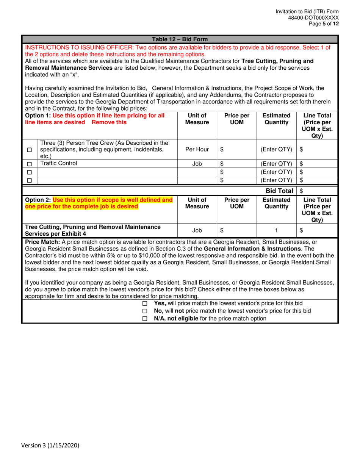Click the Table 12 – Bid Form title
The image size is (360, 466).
(x=180, y=39)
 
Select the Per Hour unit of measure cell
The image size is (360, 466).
(x=197, y=150)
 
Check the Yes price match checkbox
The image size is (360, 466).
(x=144, y=304)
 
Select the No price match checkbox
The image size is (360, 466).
(x=144, y=311)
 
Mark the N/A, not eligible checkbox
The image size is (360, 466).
(x=144, y=319)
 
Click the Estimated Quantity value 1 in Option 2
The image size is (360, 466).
(x=277, y=230)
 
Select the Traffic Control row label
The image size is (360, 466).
(x=58, y=164)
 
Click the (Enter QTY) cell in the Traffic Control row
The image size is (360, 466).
(x=276, y=164)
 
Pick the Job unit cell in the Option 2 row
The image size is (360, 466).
(x=197, y=230)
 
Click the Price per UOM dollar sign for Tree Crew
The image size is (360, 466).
(x=222, y=150)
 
